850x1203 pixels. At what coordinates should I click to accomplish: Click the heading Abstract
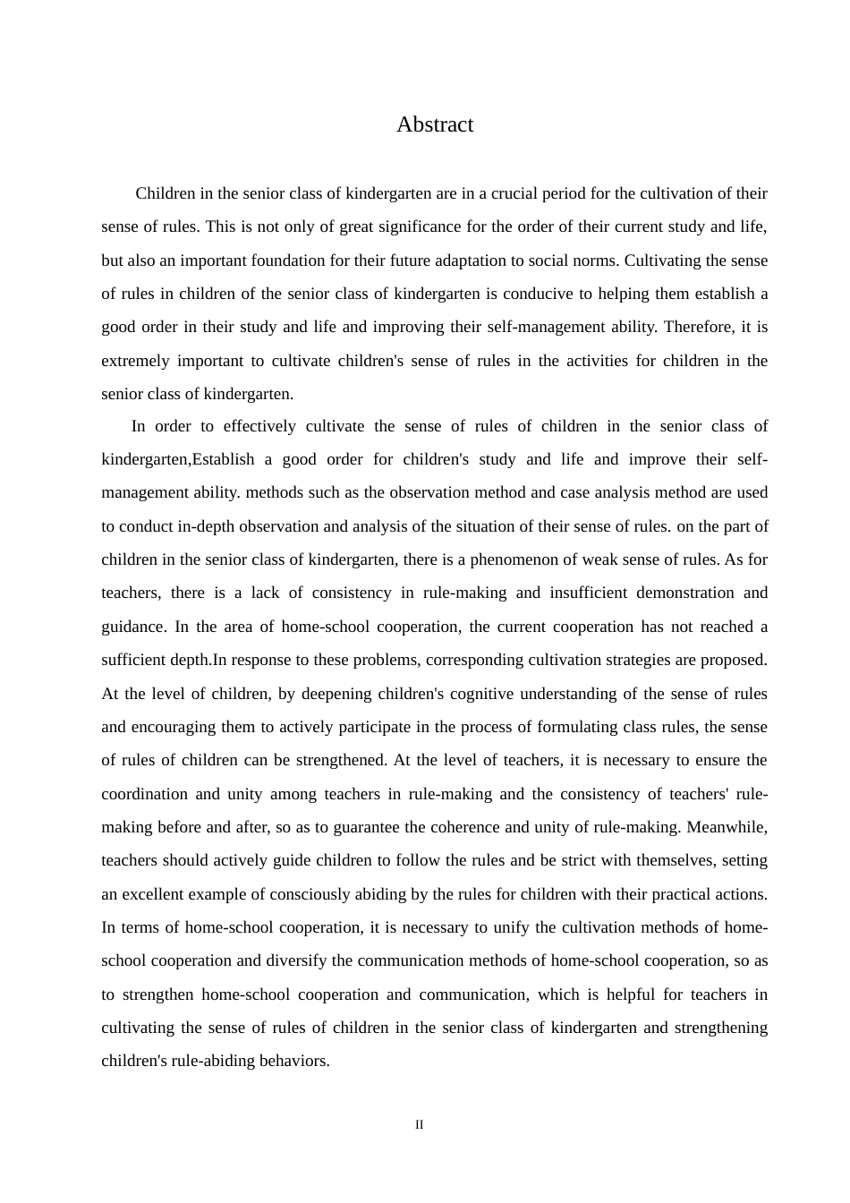435,124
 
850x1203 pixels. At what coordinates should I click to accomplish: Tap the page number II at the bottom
419,1124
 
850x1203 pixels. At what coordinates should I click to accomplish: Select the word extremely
135,361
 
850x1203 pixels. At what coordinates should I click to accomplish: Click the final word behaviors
295,1061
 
